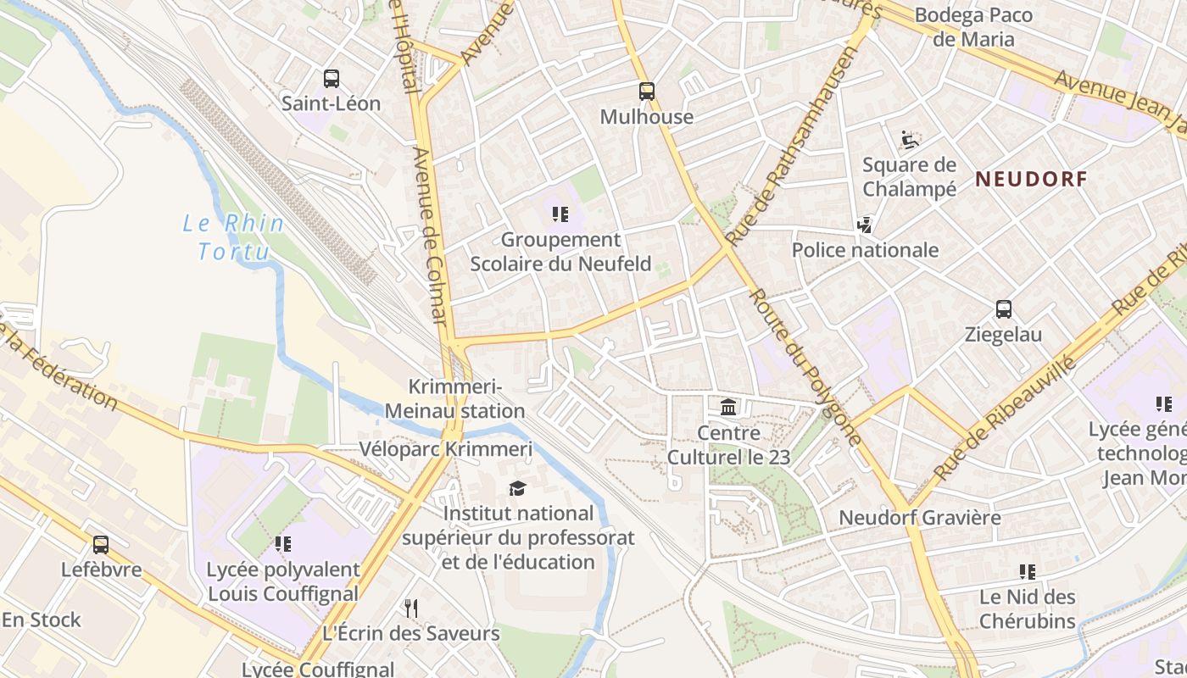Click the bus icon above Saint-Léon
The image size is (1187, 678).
pyautogui.click(x=332, y=79)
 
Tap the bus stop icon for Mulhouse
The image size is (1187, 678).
pyautogui.click(x=647, y=92)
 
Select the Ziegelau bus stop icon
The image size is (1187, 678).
pyautogui.click(x=1004, y=309)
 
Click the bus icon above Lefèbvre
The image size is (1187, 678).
pyautogui.click(x=101, y=545)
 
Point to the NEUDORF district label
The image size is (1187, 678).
pyautogui.click(x=1030, y=179)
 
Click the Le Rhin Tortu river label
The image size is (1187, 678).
pyautogui.click(x=233, y=237)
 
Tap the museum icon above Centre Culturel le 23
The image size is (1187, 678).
pyautogui.click(x=728, y=408)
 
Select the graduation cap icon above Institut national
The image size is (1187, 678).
pyautogui.click(x=517, y=488)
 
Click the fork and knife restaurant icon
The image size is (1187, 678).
pyautogui.click(x=411, y=609)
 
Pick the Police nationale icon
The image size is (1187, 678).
pyautogui.click(x=865, y=225)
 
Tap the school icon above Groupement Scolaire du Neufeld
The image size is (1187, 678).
pyautogui.click(x=560, y=214)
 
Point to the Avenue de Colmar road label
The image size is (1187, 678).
pyautogui.click(x=431, y=236)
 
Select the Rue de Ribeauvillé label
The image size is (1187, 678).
pyautogui.click(x=1006, y=419)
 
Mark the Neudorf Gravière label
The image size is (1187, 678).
pyautogui.click(x=919, y=517)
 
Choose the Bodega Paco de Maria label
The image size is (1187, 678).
pyautogui.click(x=973, y=27)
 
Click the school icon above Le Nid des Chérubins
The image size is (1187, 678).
pyautogui.click(x=1028, y=572)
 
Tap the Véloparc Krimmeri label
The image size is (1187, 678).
pyautogui.click(x=446, y=449)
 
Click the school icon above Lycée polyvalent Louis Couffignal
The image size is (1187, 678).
pyautogui.click(x=283, y=544)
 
